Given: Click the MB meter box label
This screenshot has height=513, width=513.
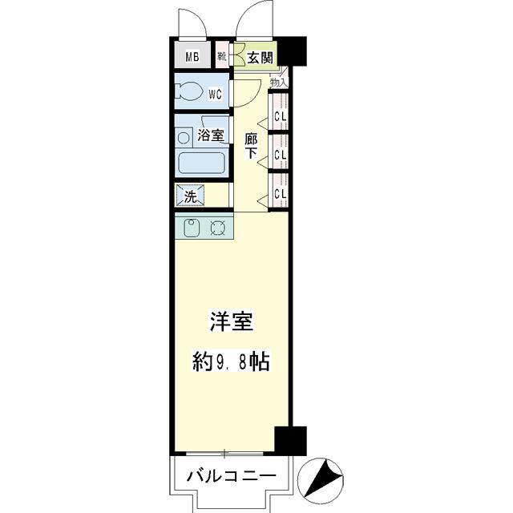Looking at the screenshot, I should point(192,56).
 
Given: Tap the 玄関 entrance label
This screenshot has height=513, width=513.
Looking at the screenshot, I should point(259,57).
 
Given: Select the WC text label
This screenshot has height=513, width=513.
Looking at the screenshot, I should point(215,94).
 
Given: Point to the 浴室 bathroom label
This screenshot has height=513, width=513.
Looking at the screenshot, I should point(211,136).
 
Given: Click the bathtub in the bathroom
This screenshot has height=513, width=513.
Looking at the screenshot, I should point(200,164).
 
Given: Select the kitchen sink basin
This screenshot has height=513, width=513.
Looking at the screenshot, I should point(192,228).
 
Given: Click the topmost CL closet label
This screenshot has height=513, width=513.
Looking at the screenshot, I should point(280,115).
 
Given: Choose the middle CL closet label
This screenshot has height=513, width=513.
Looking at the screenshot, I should point(280,154).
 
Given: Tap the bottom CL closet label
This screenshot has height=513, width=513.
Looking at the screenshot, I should point(280,193).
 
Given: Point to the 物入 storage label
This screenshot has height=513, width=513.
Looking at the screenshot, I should point(278,82).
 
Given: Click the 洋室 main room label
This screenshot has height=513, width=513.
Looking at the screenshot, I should point(232,323).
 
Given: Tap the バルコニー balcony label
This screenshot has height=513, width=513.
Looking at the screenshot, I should point(226,476).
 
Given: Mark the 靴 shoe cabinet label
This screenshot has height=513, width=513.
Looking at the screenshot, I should point(222,56).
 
